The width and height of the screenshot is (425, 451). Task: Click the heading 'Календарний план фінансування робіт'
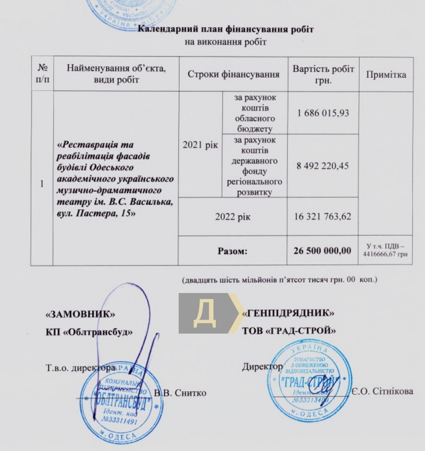click(225, 30)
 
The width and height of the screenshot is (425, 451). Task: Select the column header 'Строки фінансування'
click(233, 74)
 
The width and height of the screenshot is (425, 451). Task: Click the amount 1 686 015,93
click(323, 113)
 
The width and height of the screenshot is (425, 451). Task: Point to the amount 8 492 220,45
click(323, 166)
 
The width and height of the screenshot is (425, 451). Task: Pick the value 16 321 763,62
click(323, 216)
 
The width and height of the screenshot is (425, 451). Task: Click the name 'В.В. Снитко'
click(180, 393)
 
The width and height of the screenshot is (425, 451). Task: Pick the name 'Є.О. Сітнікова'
click(383, 391)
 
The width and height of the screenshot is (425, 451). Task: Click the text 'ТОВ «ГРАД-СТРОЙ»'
click(289, 330)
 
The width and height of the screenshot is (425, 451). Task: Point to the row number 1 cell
click(42, 184)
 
